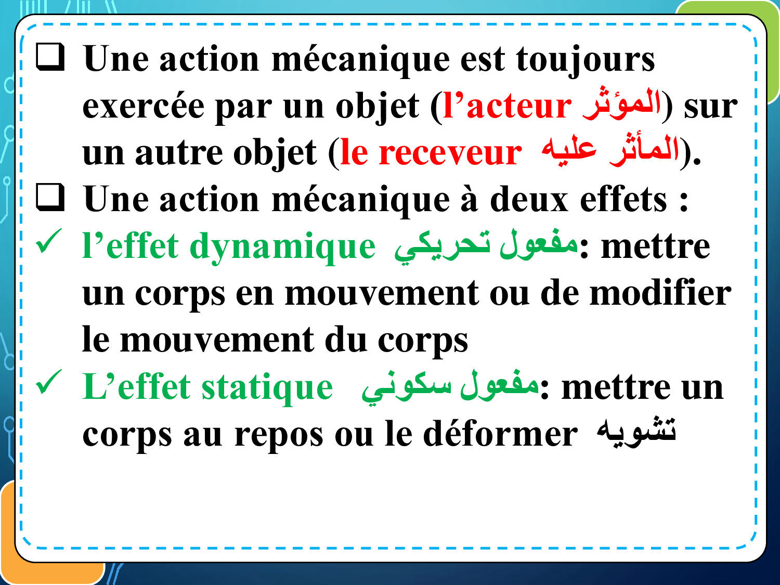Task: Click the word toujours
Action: [586, 61]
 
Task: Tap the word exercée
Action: [143, 106]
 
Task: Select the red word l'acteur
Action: [508, 106]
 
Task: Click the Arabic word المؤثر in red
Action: [621, 103]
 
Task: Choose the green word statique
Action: [267, 387]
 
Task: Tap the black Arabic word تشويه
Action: [636, 432]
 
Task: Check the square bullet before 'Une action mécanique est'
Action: [50, 57]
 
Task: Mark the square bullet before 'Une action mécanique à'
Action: [50, 198]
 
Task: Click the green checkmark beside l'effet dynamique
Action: [49, 241]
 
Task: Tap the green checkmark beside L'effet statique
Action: [49, 382]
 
